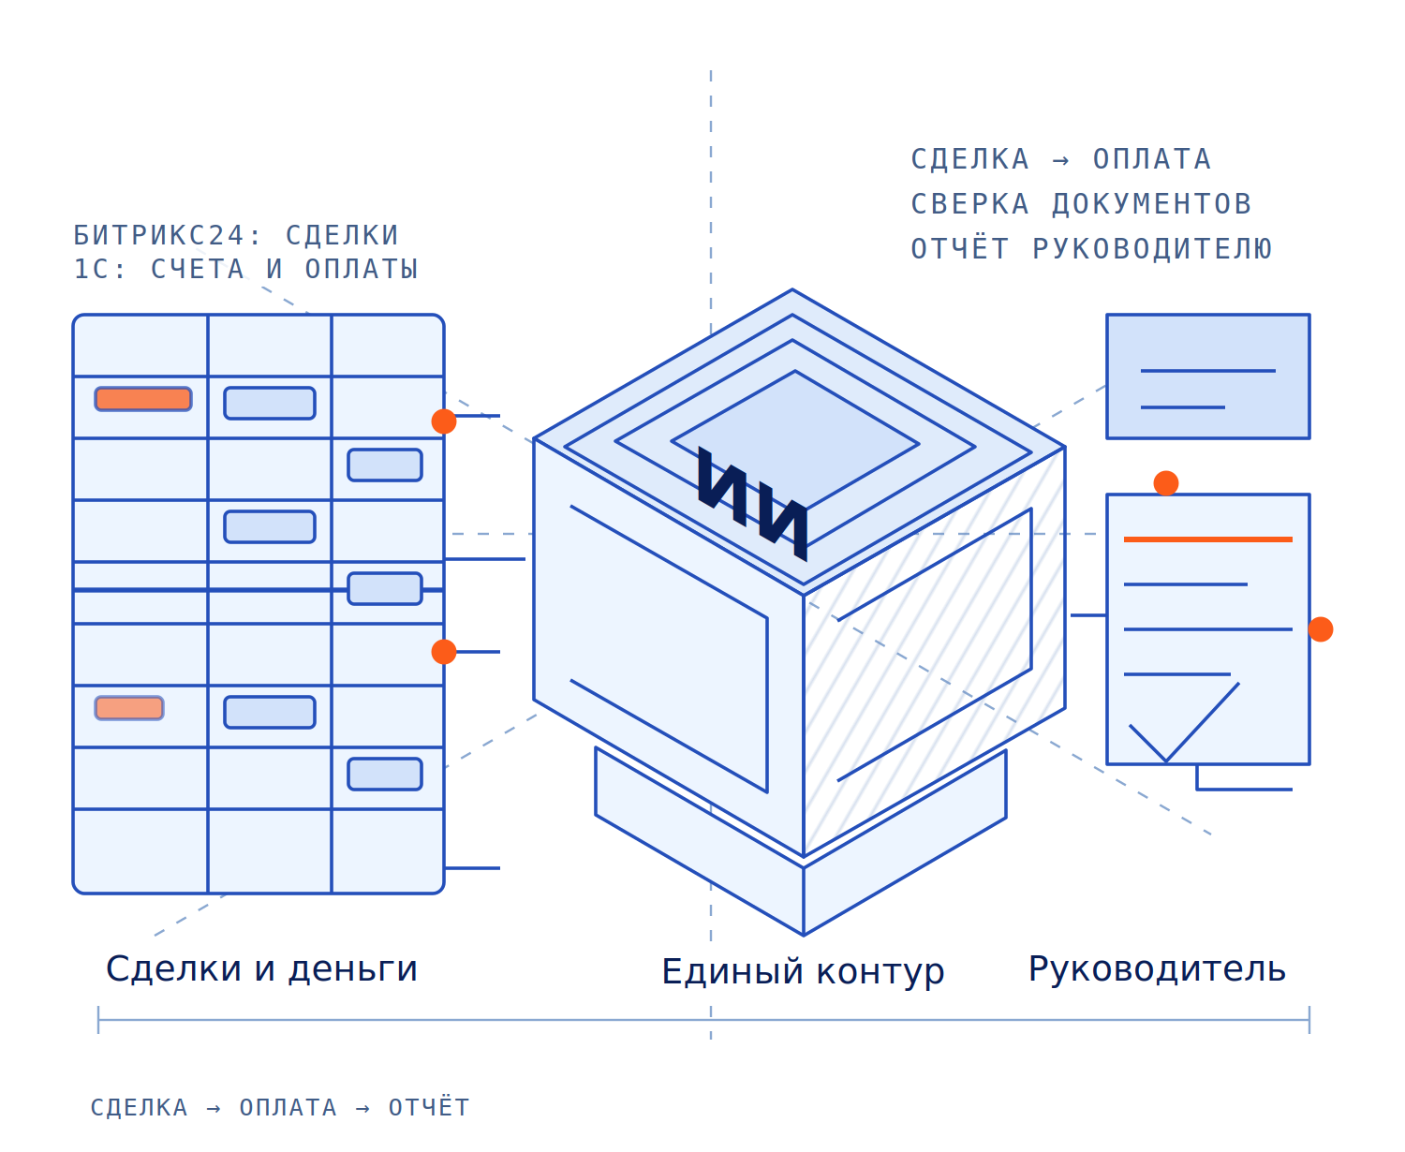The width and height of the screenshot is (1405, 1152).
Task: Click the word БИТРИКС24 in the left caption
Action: [159, 234]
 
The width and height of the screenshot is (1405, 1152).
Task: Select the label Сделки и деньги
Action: [261, 969]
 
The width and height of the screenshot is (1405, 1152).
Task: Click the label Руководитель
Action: [1157, 969]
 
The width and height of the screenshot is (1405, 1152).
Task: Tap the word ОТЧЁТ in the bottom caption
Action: [428, 1107]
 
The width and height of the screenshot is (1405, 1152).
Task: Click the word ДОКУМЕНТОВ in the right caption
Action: [1150, 204]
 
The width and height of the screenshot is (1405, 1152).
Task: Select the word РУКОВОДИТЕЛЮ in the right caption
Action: [1152, 248]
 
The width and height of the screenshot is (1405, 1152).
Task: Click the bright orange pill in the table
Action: [143, 398]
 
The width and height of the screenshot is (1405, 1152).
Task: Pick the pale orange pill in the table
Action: [129, 708]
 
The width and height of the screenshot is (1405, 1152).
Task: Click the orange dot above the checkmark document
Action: [1165, 483]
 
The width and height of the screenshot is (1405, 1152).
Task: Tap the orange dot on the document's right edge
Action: [1320, 629]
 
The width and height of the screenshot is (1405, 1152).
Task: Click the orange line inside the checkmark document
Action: [1207, 539]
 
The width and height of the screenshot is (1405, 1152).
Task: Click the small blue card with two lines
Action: [1207, 377]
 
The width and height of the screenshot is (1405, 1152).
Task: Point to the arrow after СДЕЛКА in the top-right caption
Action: [1060, 160]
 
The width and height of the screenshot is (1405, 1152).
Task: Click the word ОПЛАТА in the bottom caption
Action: [288, 1107]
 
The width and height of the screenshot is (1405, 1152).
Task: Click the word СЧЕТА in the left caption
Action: [198, 269]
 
